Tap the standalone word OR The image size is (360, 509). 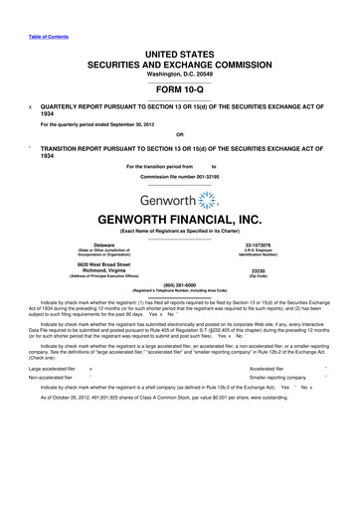point(180,135)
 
